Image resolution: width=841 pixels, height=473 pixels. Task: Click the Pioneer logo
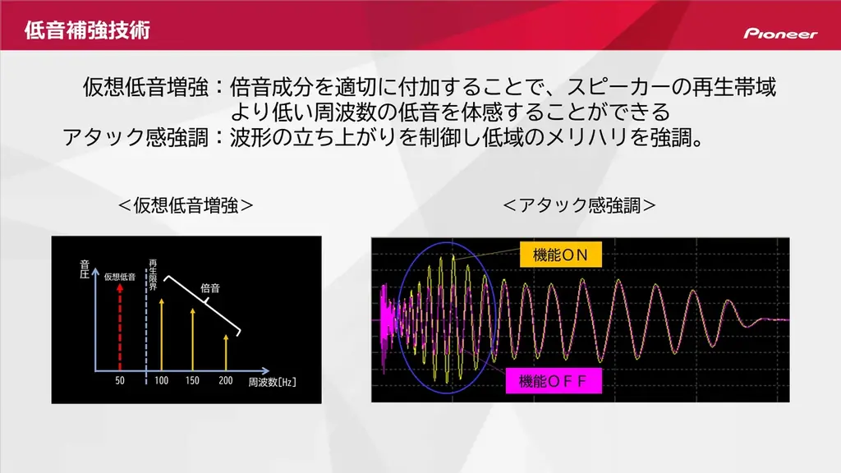780,34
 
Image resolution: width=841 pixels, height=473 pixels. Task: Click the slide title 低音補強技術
87,32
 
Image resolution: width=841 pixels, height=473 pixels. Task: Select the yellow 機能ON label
560,255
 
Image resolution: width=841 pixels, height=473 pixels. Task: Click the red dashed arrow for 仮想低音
120,328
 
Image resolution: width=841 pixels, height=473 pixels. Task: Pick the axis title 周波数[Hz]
273,383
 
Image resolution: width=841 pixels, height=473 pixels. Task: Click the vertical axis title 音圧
84,269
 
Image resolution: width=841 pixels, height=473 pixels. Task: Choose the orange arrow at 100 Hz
162,333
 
